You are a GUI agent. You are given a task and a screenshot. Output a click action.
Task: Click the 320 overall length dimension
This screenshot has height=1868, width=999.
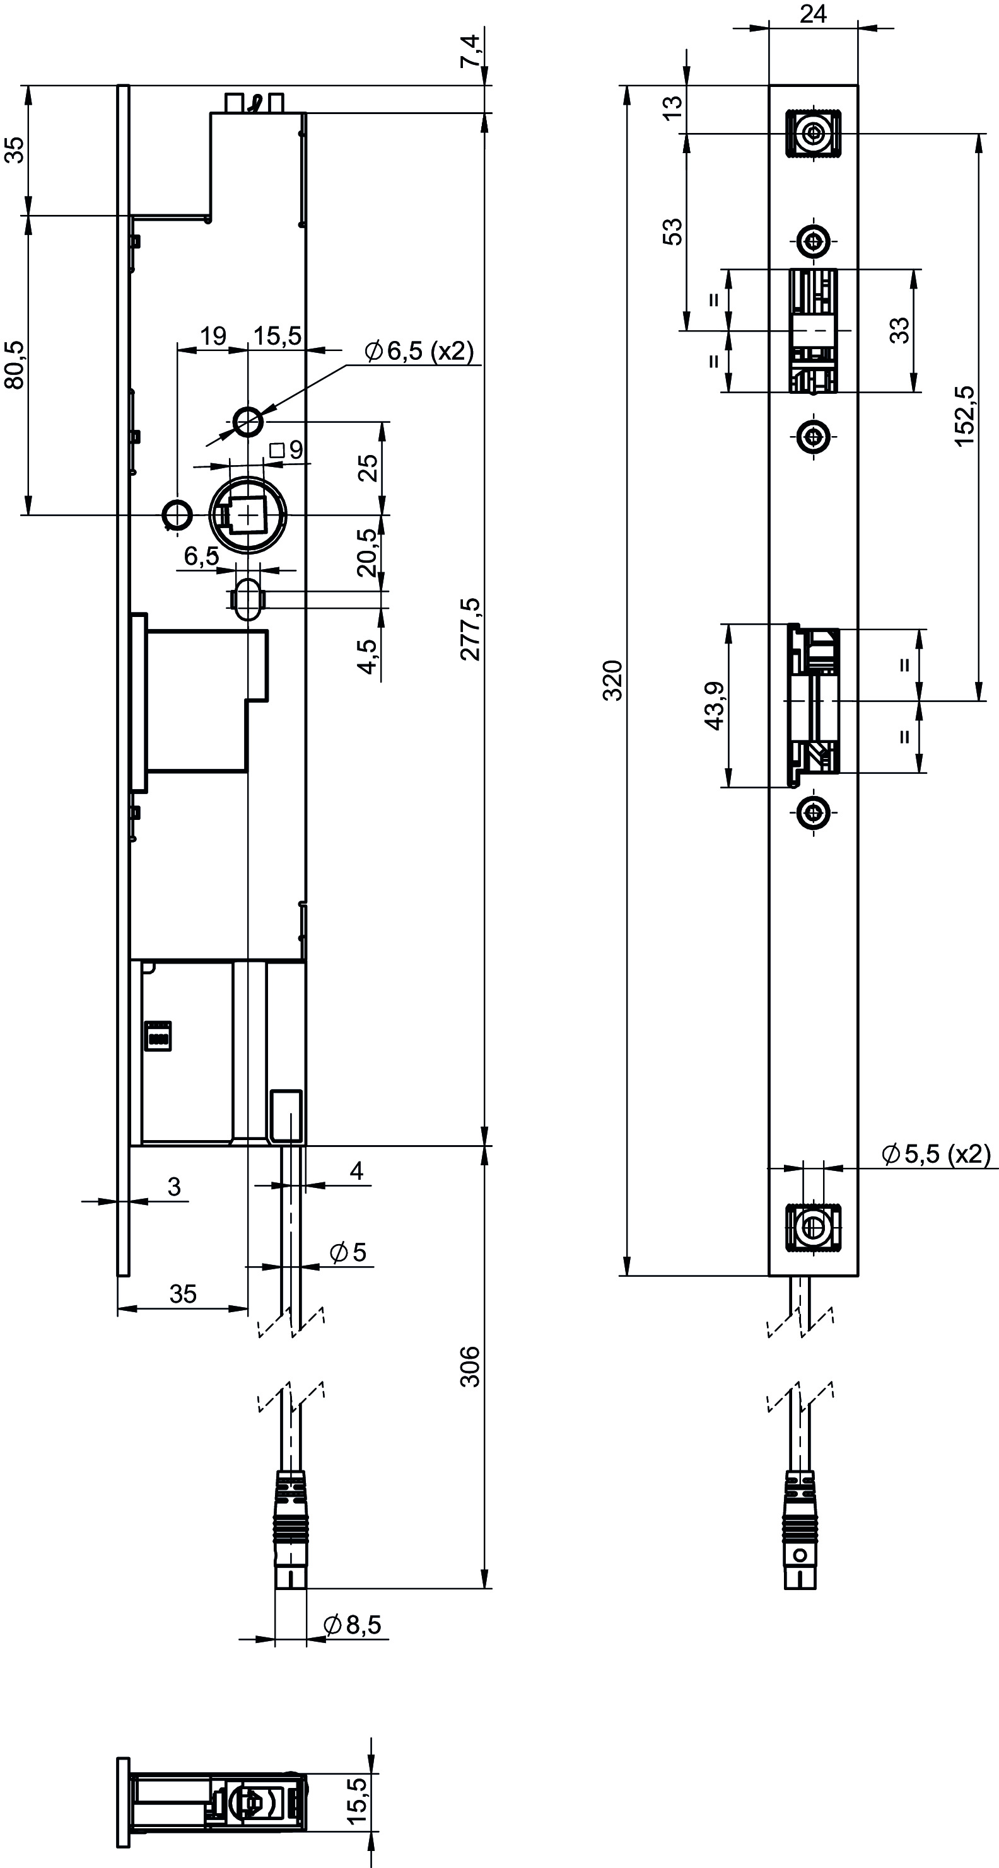click(x=614, y=680)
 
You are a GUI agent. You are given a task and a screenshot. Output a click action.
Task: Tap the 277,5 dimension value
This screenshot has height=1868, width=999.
click(x=471, y=629)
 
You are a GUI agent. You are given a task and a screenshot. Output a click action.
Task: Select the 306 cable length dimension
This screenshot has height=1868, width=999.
click(x=471, y=1366)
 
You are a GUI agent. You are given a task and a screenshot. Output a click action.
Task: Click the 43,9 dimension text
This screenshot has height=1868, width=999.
click(x=715, y=706)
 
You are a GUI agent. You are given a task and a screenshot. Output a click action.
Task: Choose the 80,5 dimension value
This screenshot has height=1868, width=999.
click(x=15, y=365)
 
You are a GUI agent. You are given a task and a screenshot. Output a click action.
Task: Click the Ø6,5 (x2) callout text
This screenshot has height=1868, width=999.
click(x=419, y=352)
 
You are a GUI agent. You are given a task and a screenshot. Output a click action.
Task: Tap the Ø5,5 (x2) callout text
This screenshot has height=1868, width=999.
click(x=936, y=1154)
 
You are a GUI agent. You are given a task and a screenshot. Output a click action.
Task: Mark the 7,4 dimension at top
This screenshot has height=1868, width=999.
click(x=471, y=52)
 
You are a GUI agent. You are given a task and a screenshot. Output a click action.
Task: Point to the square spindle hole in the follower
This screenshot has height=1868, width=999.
click(x=247, y=515)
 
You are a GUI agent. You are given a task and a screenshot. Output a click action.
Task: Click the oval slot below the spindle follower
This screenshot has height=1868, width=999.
click(x=248, y=599)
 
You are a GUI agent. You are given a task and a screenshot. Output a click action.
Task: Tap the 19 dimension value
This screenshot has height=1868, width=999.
click(x=213, y=337)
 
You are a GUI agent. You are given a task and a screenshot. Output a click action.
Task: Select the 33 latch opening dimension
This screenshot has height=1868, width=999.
click(x=899, y=331)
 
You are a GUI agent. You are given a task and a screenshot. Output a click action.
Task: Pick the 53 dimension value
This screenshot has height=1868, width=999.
click(x=674, y=231)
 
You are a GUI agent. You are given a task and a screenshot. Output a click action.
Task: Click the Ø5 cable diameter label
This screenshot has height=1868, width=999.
click(x=348, y=1252)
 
